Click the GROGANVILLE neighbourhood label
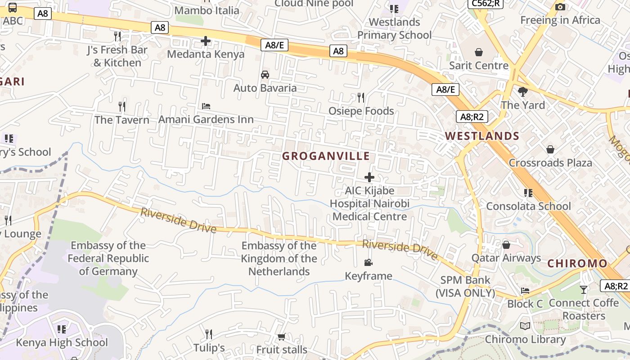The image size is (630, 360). pos(326,156)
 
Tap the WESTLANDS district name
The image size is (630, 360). pos(482,136)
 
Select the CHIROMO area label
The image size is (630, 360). pos(577,264)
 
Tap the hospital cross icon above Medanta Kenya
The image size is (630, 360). pos(206,41)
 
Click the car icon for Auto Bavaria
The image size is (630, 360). pos(265,75)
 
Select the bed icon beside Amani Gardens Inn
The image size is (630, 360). pos(206,106)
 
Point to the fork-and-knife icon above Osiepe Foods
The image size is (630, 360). pos(360,97)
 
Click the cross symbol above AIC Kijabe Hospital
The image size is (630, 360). pos(369,177)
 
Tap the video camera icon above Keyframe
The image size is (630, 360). pos(368,262)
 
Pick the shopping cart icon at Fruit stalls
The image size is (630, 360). pos(282,337)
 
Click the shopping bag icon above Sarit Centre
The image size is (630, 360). pos(479,52)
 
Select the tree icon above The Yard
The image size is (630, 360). pos(522,92)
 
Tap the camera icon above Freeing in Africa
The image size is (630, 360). pos(560,7)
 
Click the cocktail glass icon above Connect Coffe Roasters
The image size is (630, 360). pos(584,290)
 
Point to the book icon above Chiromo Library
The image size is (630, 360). pos(525,326)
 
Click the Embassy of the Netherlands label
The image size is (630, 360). pos(279,259)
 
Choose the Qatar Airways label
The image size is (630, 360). pos(506,258)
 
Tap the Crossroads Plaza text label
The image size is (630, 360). pos(550,162)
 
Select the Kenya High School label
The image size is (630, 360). pos(62,342)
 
